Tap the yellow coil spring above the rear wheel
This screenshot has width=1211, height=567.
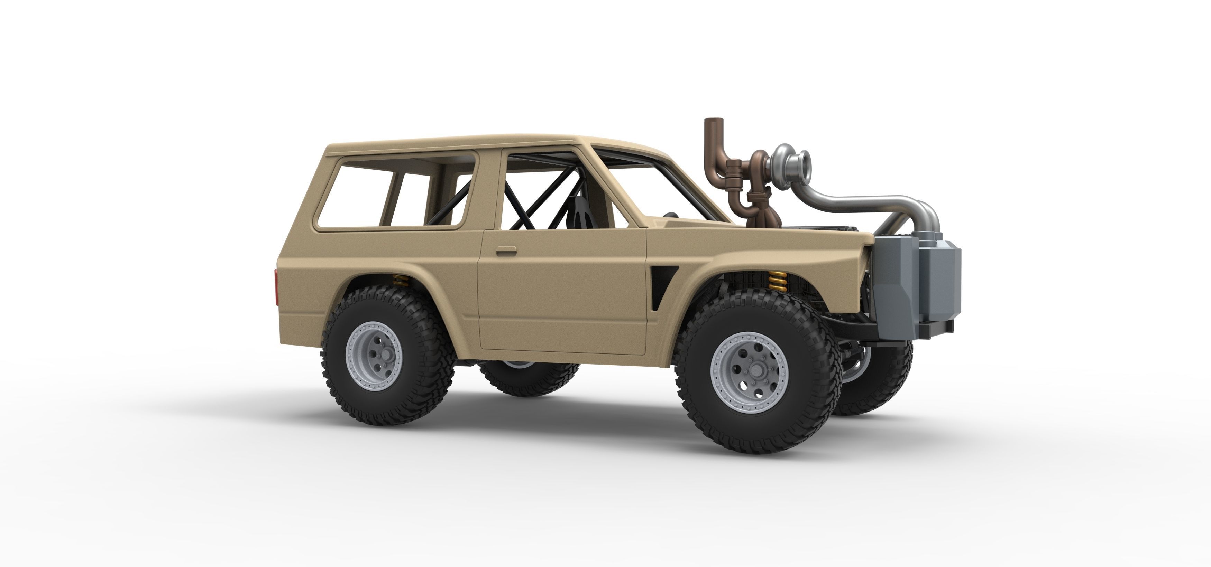point(400,281)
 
